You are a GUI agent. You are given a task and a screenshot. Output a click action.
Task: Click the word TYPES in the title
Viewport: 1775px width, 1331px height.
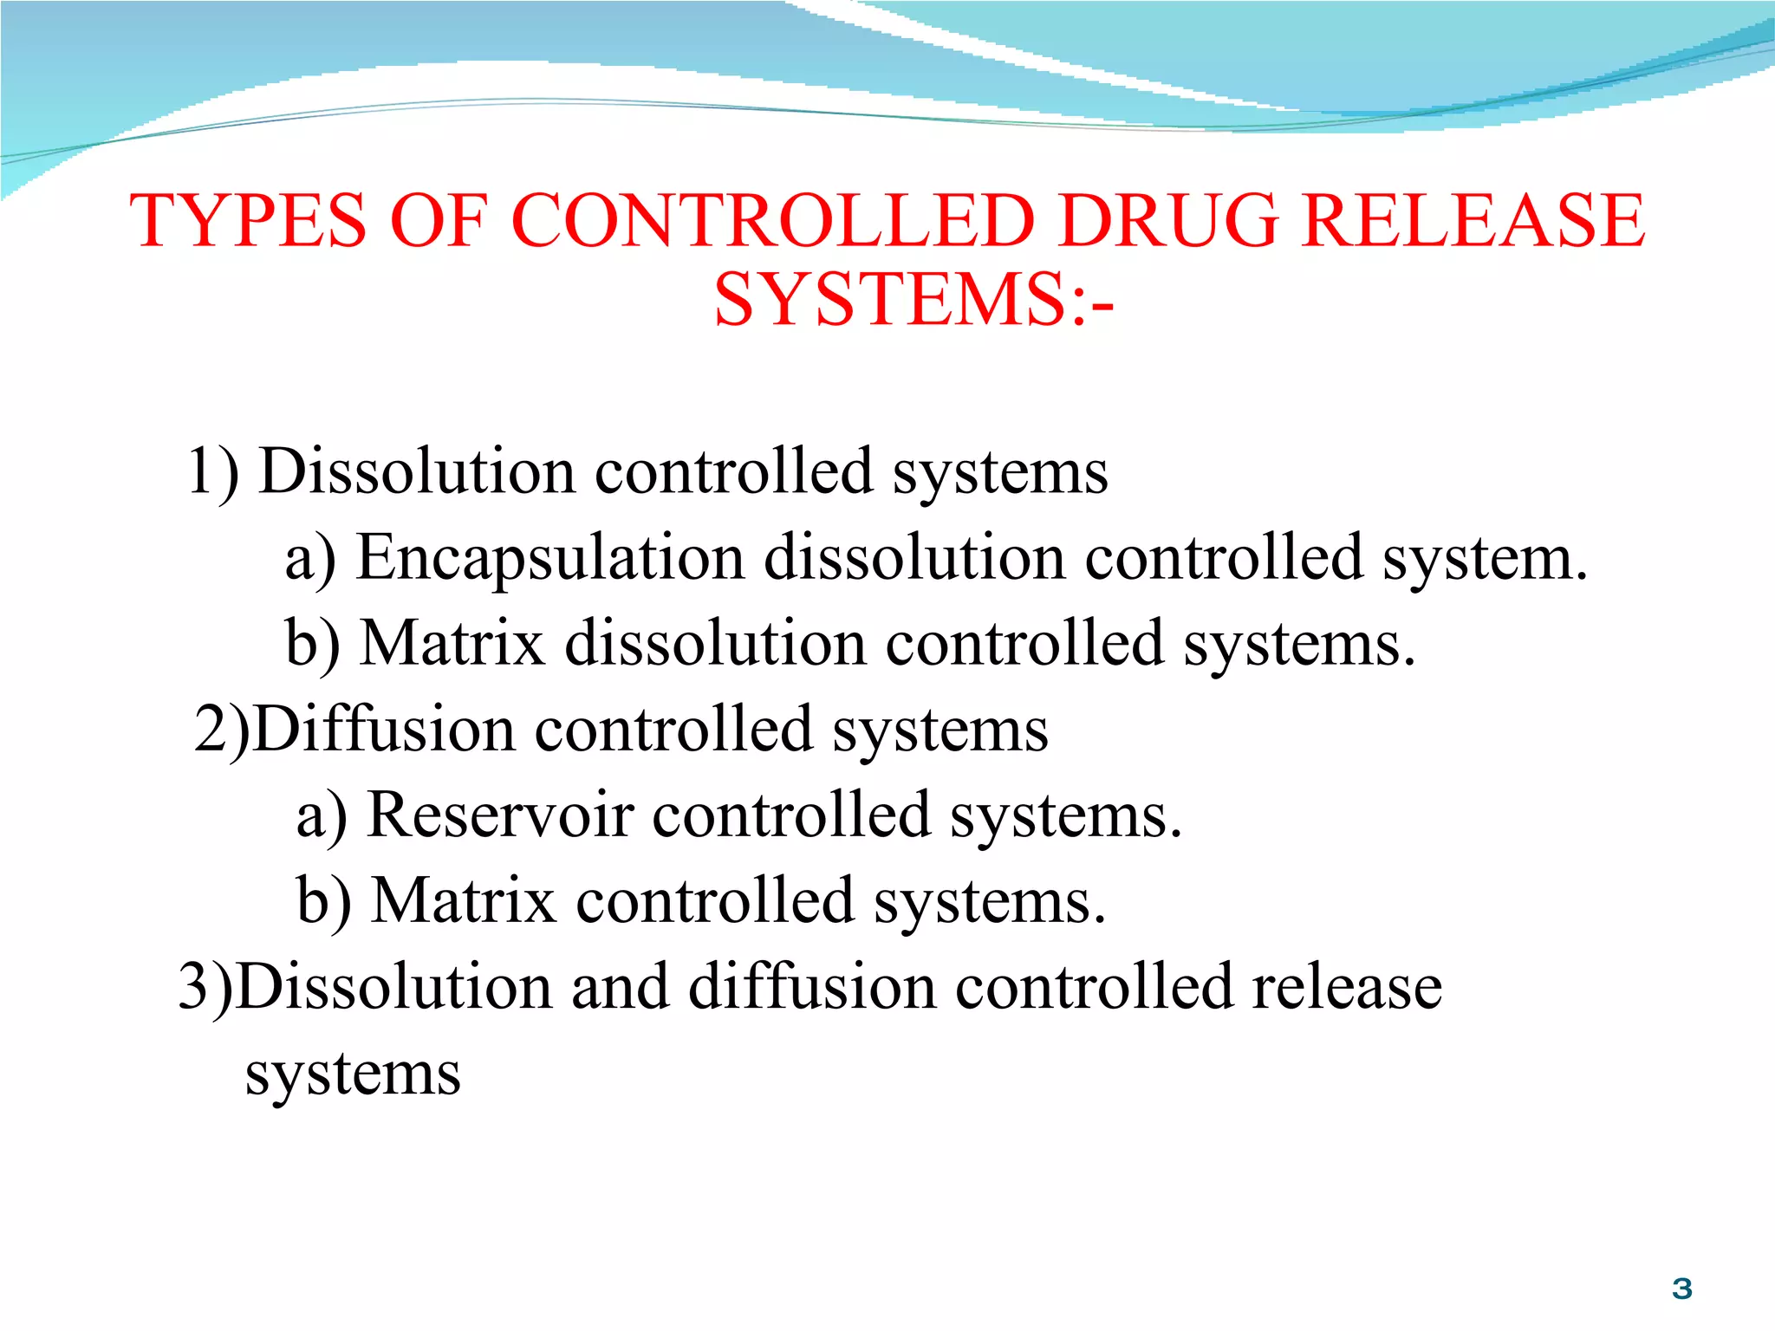[x=248, y=221]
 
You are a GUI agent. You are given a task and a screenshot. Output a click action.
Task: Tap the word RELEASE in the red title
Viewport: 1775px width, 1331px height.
[x=1473, y=221]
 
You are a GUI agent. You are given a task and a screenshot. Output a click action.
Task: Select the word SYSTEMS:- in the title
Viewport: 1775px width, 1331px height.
[x=913, y=300]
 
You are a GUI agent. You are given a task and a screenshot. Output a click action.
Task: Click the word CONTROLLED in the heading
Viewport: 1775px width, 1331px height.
[x=774, y=221]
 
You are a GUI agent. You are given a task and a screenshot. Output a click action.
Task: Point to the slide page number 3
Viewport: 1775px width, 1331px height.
[x=1681, y=1289]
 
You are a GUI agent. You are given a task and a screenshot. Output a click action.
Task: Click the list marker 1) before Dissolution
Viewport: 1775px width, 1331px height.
[x=213, y=472]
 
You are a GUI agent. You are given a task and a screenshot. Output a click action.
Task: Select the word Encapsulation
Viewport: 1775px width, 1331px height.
[x=550, y=557]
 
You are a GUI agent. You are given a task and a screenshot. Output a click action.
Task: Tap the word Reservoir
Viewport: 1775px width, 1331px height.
[x=500, y=815]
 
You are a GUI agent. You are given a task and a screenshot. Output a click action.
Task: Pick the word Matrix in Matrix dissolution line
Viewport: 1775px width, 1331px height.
[x=452, y=644]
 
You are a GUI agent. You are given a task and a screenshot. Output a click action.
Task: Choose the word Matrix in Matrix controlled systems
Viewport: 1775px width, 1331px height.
[x=464, y=901]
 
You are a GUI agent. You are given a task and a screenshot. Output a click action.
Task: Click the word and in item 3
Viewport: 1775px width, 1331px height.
[x=620, y=987]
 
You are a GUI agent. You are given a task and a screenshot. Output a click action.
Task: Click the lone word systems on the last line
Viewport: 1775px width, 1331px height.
[x=353, y=1075]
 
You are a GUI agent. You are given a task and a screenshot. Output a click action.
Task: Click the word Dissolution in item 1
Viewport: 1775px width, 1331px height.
[x=417, y=472]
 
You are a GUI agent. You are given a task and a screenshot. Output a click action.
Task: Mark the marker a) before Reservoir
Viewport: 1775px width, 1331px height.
[x=321, y=816]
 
